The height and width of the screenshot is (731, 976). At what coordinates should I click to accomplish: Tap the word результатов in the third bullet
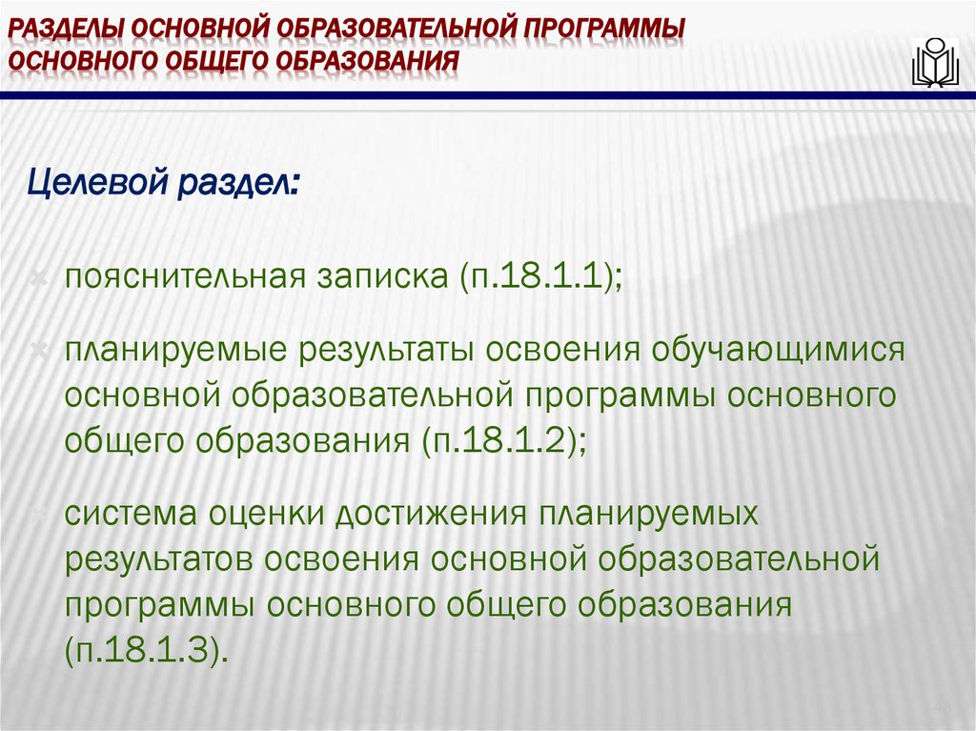[x=164, y=558]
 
